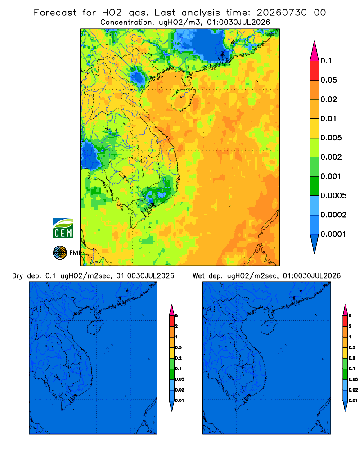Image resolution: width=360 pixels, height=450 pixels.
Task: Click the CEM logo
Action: [x=63, y=229]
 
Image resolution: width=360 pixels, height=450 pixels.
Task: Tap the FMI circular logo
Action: [x=60, y=253]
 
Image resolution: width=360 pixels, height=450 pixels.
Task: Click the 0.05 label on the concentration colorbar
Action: [x=328, y=80]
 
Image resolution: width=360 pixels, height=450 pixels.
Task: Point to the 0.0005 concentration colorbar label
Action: [x=333, y=196]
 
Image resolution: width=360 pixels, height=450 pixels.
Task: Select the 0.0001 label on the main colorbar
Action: [x=333, y=234]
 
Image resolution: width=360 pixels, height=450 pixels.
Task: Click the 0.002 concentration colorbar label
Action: [x=331, y=157]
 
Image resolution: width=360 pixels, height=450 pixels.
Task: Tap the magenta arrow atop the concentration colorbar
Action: [x=315, y=51]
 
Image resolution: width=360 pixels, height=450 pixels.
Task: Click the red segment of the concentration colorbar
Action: [x=315, y=71]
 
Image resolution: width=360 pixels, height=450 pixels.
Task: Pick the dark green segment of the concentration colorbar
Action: [x=315, y=186]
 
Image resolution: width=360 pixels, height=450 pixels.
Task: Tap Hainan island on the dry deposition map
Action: [x=95, y=327]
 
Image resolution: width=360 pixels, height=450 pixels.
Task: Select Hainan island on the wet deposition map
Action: [x=269, y=327]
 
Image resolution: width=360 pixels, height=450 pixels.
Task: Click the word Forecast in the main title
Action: [x=55, y=13]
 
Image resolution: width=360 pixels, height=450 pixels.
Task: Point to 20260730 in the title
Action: [x=282, y=13]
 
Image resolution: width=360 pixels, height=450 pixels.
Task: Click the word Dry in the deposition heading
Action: [x=18, y=276]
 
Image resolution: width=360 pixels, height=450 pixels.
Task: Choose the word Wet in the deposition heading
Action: [x=198, y=276]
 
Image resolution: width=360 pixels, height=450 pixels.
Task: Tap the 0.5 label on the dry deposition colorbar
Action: [x=178, y=347]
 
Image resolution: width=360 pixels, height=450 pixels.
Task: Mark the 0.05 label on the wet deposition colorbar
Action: [x=353, y=379]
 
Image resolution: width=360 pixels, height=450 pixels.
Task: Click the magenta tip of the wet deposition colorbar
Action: [x=345, y=310]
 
